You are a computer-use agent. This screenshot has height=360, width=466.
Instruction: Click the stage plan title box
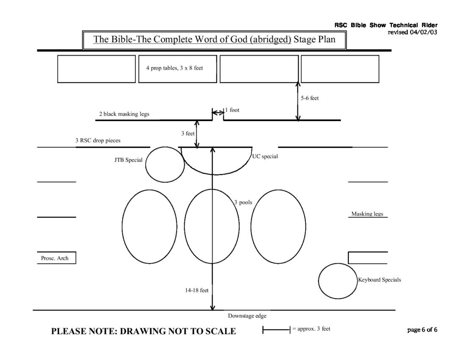pyautogui.click(x=214, y=40)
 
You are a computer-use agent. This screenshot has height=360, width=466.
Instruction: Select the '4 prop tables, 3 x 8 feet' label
pyautogui.click(x=175, y=68)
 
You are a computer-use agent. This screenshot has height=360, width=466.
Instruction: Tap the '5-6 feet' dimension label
pyautogui.click(x=310, y=98)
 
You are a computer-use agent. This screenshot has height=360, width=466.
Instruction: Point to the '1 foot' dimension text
pyautogui.click(x=232, y=110)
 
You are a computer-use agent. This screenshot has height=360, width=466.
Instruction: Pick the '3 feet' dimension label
pyautogui.click(x=188, y=133)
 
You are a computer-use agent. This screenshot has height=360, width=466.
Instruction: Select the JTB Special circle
pyautogui.click(x=165, y=165)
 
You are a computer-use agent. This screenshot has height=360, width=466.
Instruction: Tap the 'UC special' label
pyautogui.click(x=265, y=157)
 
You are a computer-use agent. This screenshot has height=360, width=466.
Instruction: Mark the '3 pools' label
pyautogui.click(x=243, y=202)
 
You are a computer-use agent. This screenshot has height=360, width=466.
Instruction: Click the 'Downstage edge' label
pyautogui.click(x=247, y=316)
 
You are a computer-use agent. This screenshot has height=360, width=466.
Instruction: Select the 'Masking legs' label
pyautogui.click(x=367, y=214)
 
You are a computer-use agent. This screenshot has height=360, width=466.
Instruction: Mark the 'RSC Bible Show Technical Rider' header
pyautogui.click(x=386, y=25)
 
